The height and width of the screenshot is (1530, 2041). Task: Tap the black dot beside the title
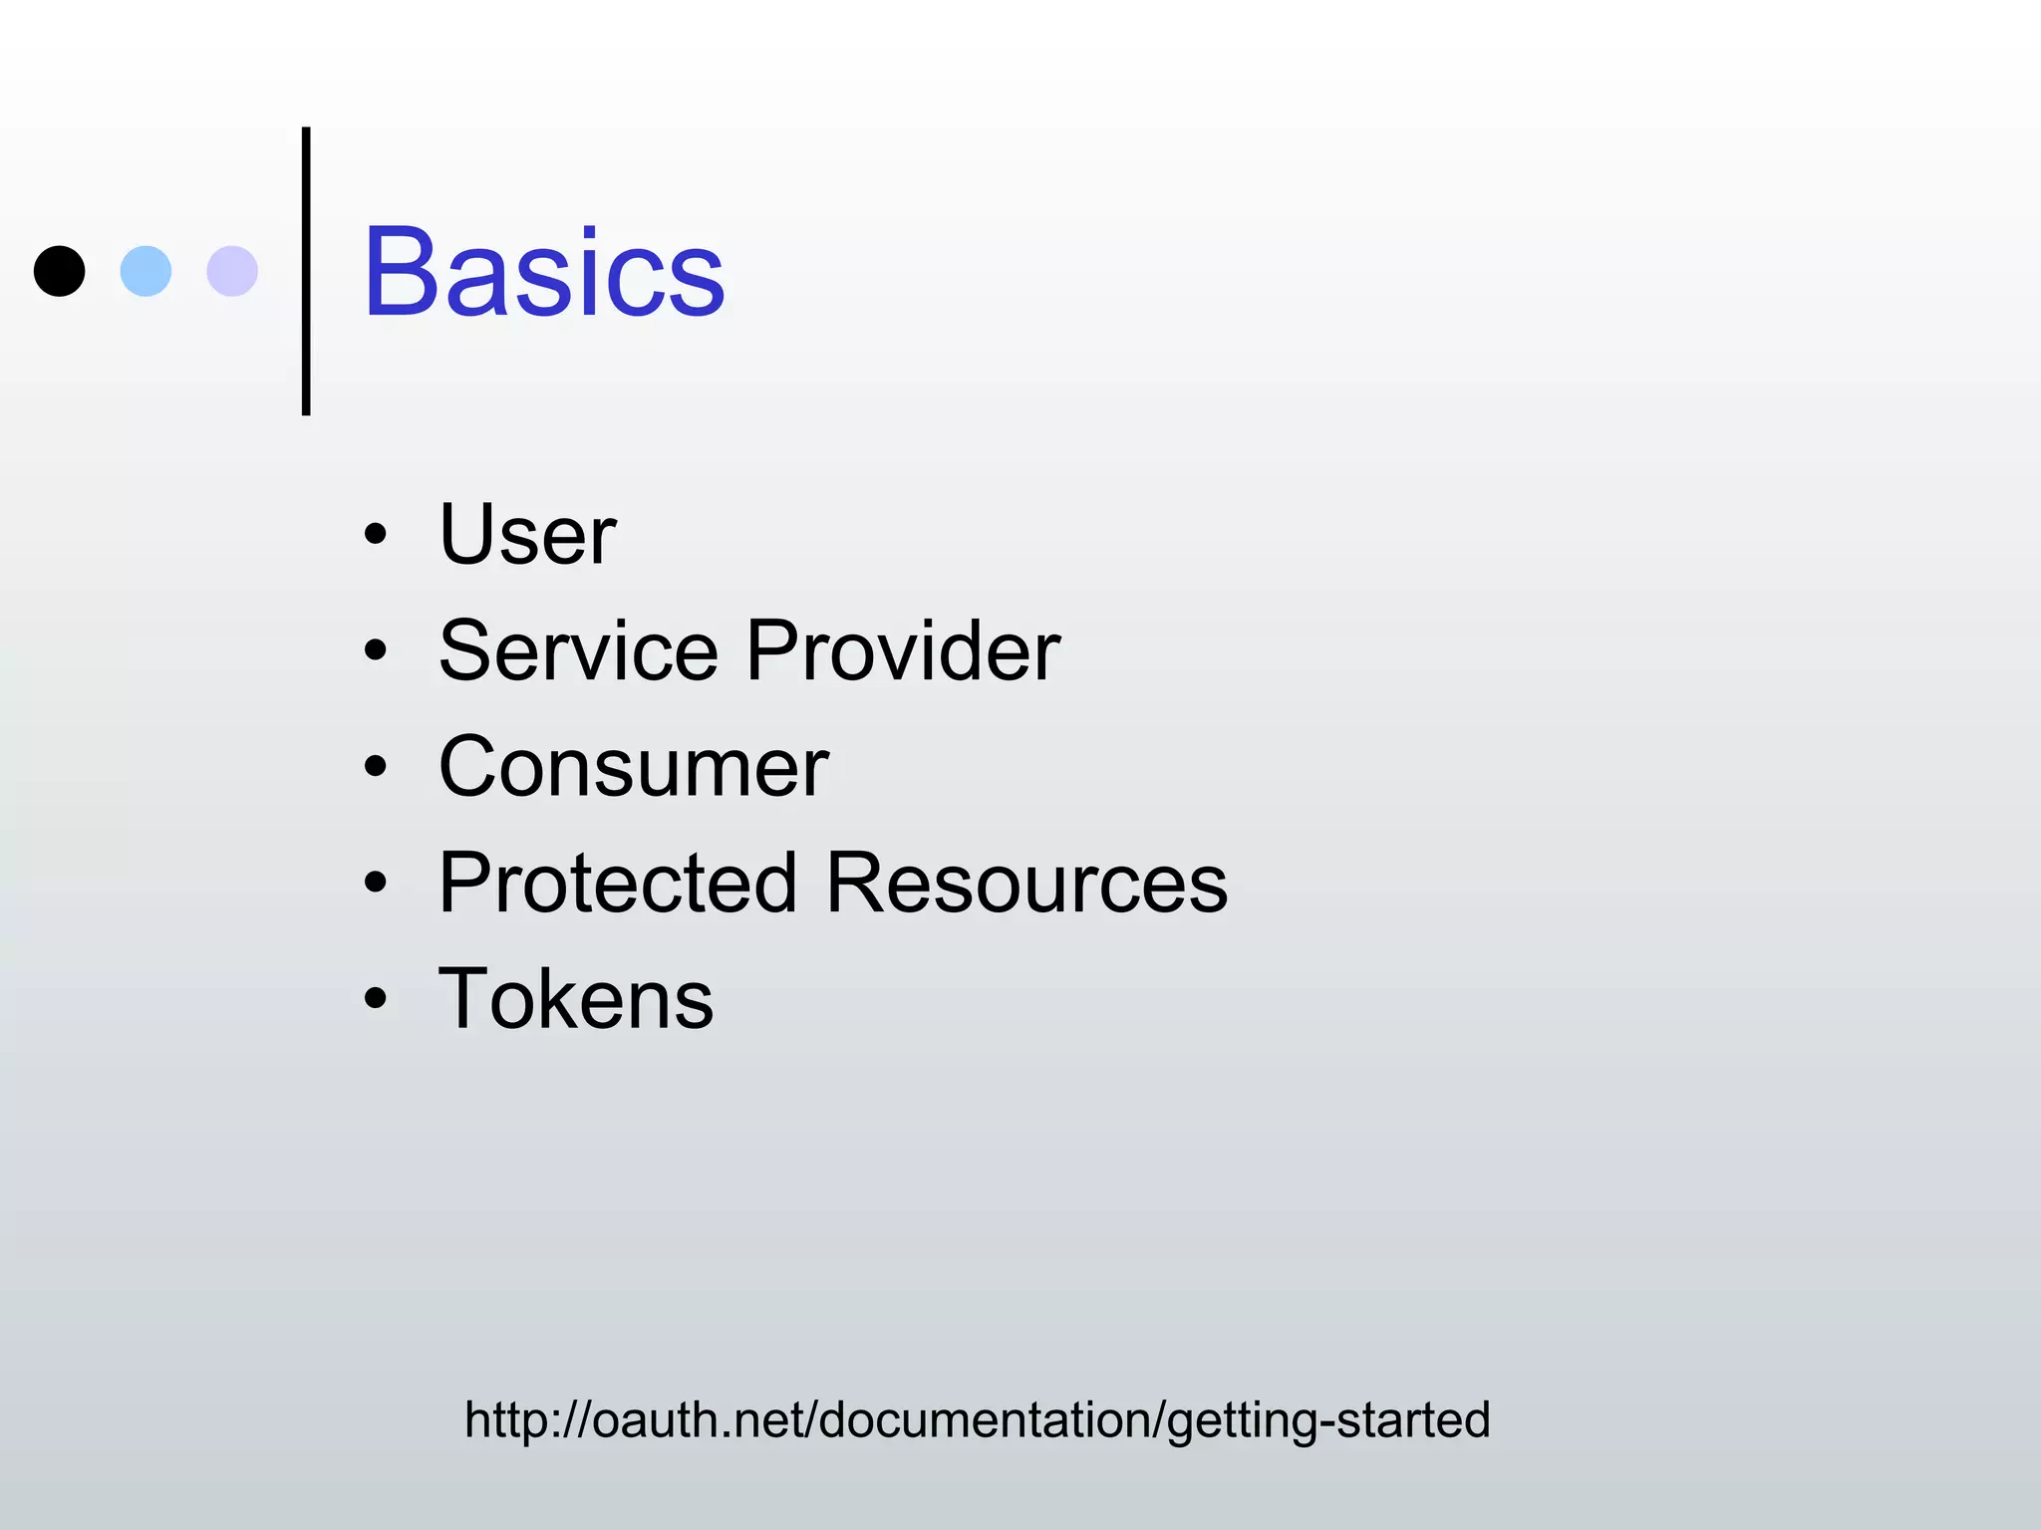tap(60, 271)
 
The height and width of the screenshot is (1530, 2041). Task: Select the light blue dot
tap(146, 271)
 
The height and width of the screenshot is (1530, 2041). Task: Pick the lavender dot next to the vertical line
tap(232, 271)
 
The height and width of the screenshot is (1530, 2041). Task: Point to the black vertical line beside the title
tap(306, 271)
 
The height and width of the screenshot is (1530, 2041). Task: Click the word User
tap(527, 535)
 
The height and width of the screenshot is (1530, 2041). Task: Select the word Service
tap(579, 651)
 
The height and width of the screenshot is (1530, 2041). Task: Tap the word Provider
tap(903, 651)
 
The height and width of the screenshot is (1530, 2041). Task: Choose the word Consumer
tap(634, 768)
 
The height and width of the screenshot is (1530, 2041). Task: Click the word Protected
tap(618, 884)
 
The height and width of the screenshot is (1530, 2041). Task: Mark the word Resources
tap(1027, 884)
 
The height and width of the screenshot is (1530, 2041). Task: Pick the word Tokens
tap(576, 999)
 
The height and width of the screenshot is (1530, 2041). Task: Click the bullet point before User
tap(375, 535)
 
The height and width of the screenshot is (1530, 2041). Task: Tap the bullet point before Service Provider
tap(375, 651)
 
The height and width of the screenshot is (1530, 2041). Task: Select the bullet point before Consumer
tap(375, 767)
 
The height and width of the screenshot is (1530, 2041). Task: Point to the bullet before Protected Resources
tap(375, 883)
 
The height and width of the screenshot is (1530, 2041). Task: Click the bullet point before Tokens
tap(375, 998)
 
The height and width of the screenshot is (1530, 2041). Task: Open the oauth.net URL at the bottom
tap(977, 1420)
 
